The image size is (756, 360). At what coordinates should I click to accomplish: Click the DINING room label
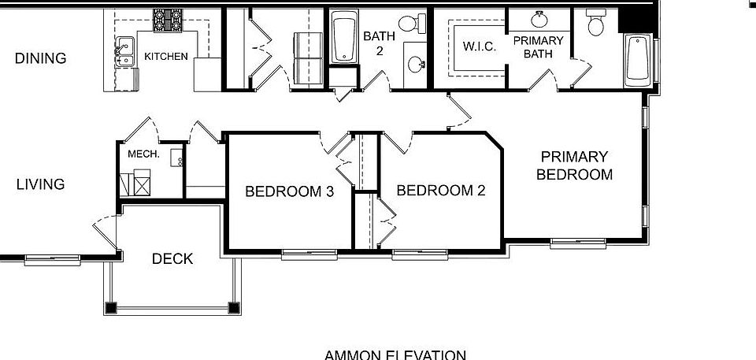40,58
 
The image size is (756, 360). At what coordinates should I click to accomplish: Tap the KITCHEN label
165,57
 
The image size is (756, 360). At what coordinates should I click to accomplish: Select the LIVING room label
40,184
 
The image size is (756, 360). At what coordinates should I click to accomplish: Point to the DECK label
172,258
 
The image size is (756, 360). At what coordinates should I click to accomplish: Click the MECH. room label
144,154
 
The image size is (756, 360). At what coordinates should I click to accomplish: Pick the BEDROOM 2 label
440,190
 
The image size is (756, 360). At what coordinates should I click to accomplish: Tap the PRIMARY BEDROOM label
574,165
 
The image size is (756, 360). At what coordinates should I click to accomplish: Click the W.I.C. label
480,47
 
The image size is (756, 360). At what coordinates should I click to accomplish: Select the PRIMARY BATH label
538,47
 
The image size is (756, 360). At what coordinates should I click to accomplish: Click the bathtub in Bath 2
343,38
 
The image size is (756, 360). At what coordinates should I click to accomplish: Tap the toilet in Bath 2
409,24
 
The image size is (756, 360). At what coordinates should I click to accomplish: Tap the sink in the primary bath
542,19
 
